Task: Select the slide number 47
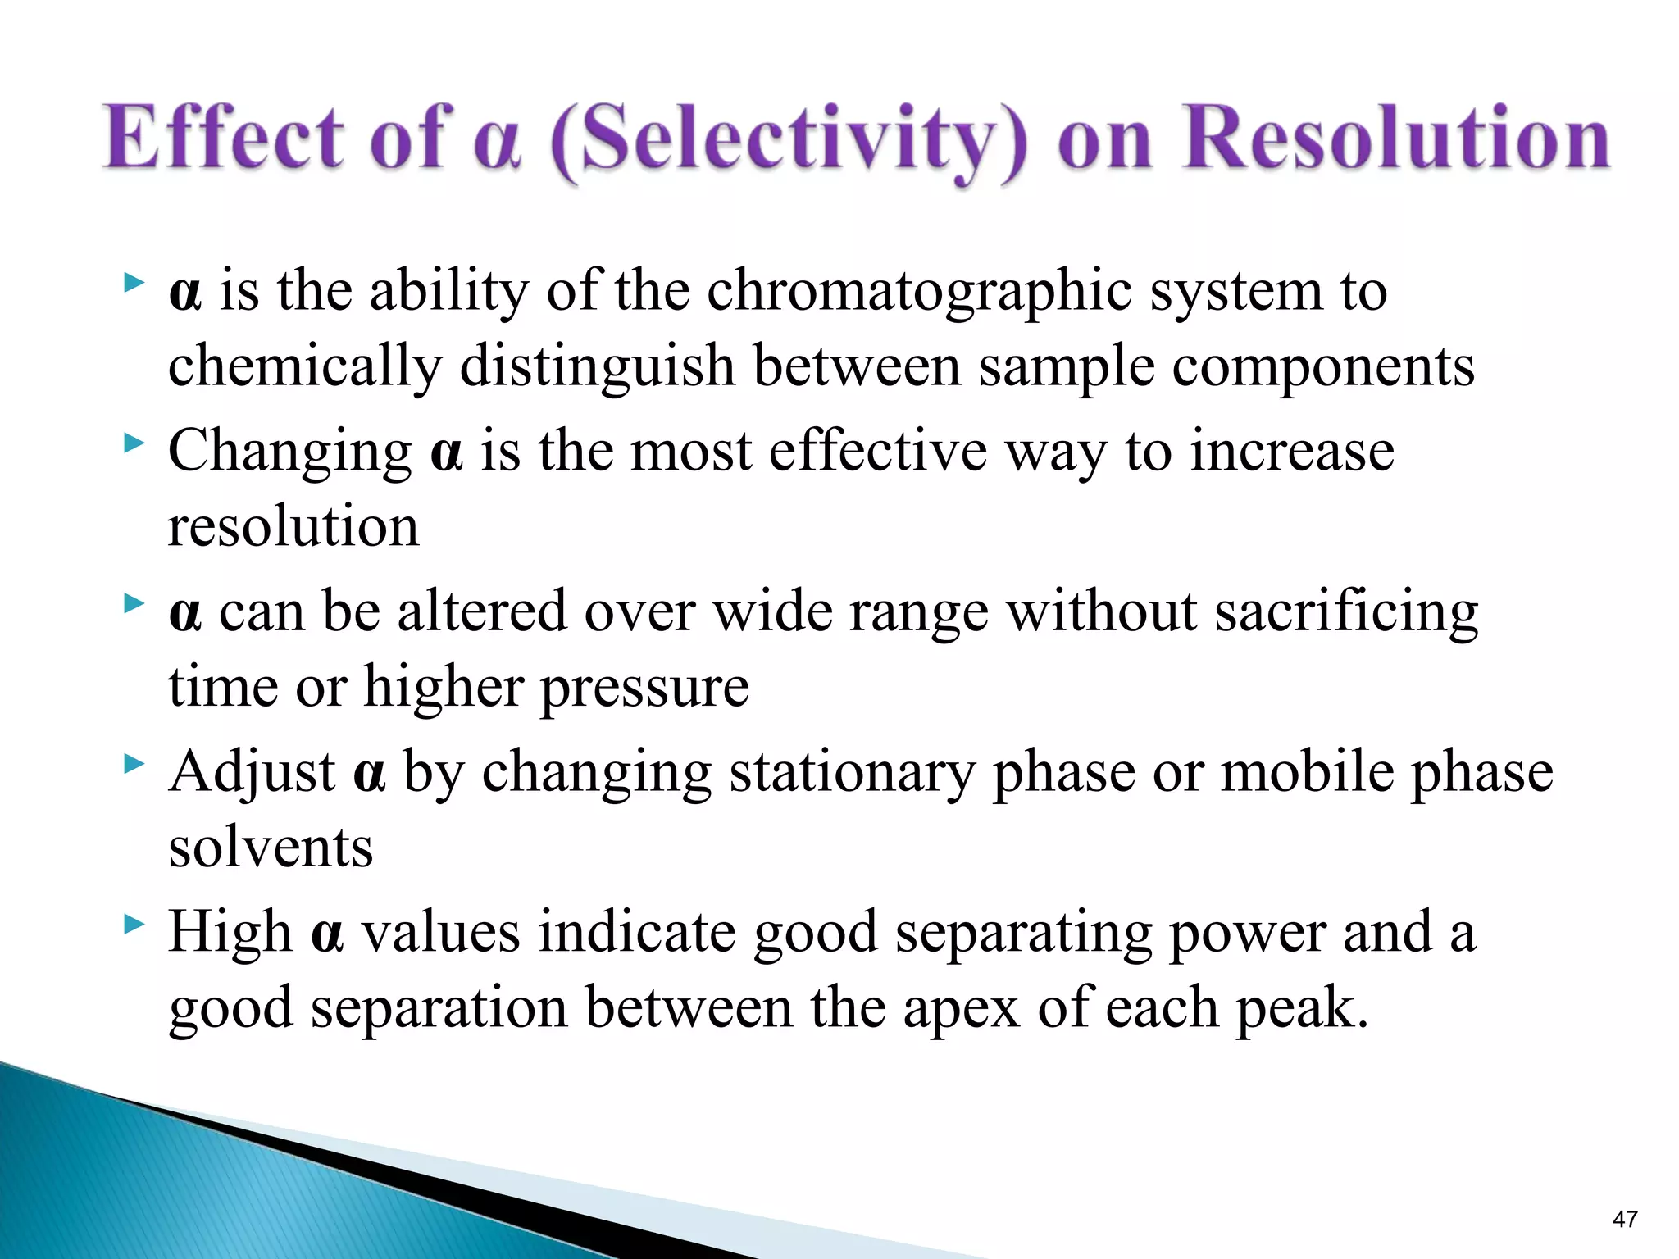click(1625, 1219)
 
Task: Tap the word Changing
click(289, 452)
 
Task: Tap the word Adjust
click(252, 773)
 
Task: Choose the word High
click(230, 932)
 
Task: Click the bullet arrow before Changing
click(133, 444)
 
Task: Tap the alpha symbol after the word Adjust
click(369, 773)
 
